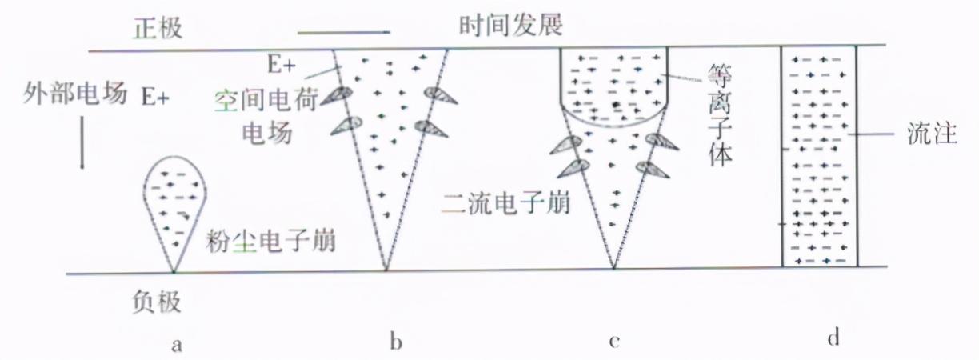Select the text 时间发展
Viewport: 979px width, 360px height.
coord(511,26)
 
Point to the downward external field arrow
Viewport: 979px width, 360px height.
coord(81,146)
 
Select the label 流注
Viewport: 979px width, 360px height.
coord(933,134)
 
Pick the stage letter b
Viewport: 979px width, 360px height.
coord(394,343)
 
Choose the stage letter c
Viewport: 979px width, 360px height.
coord(613,343)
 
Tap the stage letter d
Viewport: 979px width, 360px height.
coord(833,338)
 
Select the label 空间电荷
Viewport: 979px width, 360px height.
coord(267,99)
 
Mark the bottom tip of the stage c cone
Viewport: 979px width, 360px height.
coord(613,268)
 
